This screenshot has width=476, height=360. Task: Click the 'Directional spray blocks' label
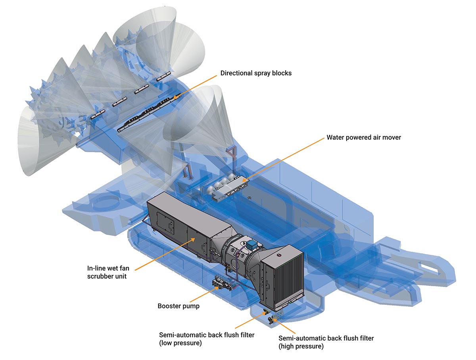point(256,73)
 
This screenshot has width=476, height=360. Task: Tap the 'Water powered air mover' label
point(364,138)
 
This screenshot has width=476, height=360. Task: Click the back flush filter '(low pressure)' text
point(180,343)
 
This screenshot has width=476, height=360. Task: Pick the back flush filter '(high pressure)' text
point(301,347)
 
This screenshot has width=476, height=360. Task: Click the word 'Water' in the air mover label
point(336,138)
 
